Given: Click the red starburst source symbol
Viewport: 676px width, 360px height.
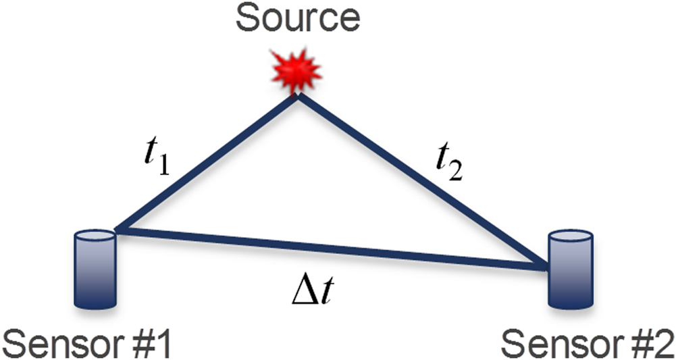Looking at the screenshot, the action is [295, 68].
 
